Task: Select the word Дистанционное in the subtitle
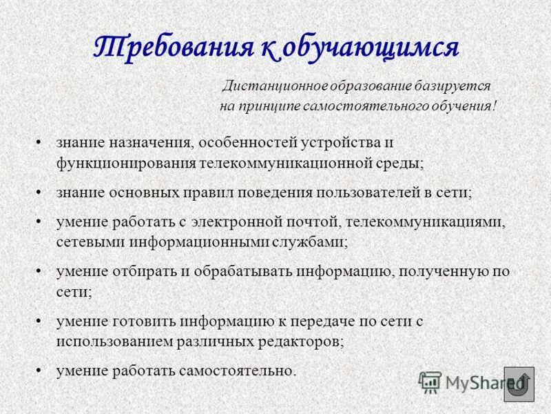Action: tap(269, 87)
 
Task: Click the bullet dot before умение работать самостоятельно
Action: tap(41, 371)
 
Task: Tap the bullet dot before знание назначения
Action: tap(41, 142)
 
